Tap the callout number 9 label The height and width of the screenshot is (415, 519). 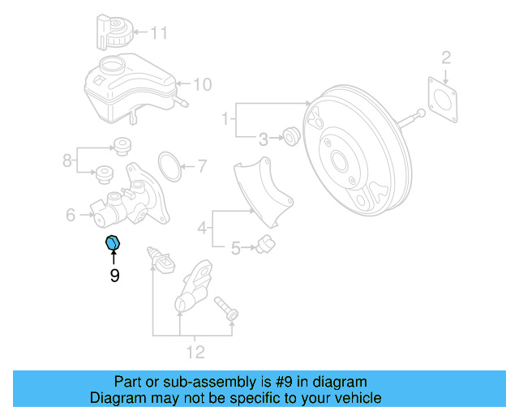point(114,276)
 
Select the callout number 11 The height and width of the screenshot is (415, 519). point(158,33)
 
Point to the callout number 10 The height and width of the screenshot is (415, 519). point(202,83)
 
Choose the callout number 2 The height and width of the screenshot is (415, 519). point(445,57)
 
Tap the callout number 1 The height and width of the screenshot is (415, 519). point(225,120)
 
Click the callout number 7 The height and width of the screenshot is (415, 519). point(202,168)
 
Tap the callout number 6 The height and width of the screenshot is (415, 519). point(70,215)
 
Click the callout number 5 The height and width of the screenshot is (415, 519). point(235,248)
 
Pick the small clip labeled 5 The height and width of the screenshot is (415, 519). point(264,245)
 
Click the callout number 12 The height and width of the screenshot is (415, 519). point(195,352)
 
